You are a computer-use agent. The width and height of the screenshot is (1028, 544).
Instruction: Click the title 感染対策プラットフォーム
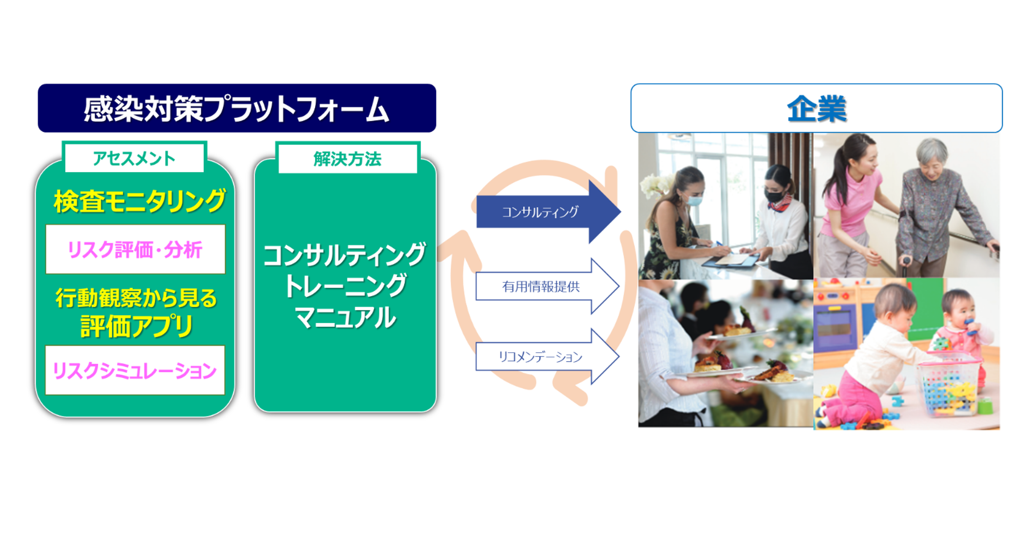[236, 108]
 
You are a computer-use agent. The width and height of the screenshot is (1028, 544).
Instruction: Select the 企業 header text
[817, 108]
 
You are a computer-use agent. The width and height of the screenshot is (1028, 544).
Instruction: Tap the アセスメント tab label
[134, 158]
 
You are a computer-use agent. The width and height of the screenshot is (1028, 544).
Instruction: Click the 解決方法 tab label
[347, 159]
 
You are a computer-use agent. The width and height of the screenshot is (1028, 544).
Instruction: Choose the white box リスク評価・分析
[135, 249]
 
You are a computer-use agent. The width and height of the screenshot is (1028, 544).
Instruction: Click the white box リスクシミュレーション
[135, 370]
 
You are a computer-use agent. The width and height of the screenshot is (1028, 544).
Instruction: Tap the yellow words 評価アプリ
[136, 326]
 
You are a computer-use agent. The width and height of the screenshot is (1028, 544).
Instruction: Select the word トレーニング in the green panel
[346, 285]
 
